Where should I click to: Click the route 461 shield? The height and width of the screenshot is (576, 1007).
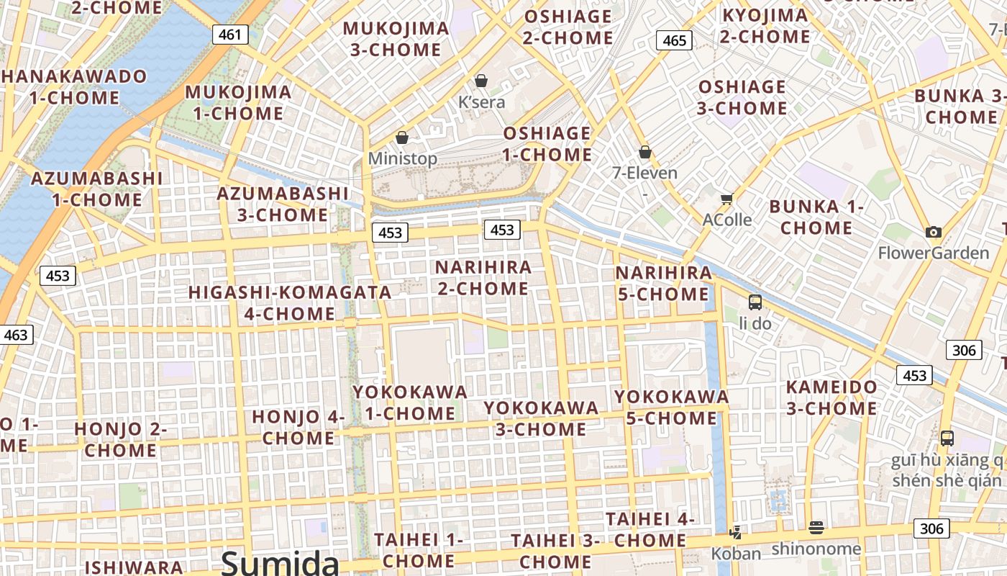[x=229, y=34]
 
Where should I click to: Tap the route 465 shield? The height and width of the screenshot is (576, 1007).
[x=674, y=40]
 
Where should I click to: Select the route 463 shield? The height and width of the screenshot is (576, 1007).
[x=16, y=335]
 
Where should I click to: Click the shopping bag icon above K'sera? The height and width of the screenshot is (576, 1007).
[x=481, y=81]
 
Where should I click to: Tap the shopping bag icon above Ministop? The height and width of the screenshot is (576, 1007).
[x=402, y=138]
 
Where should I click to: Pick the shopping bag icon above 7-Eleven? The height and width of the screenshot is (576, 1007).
[x=645, y=152]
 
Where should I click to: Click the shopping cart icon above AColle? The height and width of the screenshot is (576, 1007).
[x=726, y=199]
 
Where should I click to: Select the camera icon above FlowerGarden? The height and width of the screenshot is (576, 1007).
[x=934, y=232]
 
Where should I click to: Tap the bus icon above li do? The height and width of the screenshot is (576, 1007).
[x=755, y=302]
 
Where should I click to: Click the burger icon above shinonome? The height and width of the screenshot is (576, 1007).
[x=816, y=528]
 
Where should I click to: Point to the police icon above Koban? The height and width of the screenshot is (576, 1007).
[x=735, y=533]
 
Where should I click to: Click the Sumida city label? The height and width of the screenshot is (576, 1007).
[x=280, y=562]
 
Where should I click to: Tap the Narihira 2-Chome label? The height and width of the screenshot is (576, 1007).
[x=483, y=278]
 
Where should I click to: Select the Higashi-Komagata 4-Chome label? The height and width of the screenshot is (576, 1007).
[x=290, y=303]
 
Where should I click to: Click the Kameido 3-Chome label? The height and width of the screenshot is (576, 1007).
[x=831, y=397]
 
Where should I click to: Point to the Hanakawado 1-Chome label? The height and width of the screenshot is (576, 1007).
[x=74, y=86]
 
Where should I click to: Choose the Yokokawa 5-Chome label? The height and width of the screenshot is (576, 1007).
[x=672, y=407]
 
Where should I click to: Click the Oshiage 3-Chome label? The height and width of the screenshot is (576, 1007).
[x=742, y=98]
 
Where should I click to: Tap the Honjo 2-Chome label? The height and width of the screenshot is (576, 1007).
[x=120, y=440]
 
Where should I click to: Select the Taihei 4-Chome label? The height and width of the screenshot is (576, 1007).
[x=650, y=529]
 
